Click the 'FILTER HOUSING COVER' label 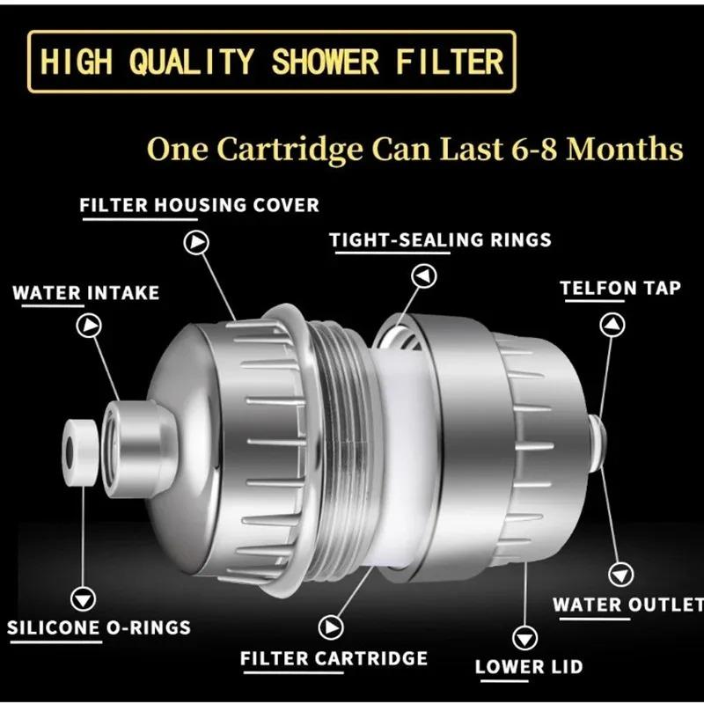tap(199, 205)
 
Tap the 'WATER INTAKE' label tap(86, 293)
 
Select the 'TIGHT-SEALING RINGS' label tap(440, 239)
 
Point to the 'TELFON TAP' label tap(620, 288)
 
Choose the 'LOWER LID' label tap(528, 667)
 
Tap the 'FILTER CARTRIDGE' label tap(334, 658)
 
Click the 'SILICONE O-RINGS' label tap(99, 628)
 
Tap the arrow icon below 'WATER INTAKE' tap(89, 326)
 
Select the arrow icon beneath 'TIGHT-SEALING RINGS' tap(425, 276)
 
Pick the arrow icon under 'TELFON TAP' tap(612, 325)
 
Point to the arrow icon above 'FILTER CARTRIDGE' tap(331, 627)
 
